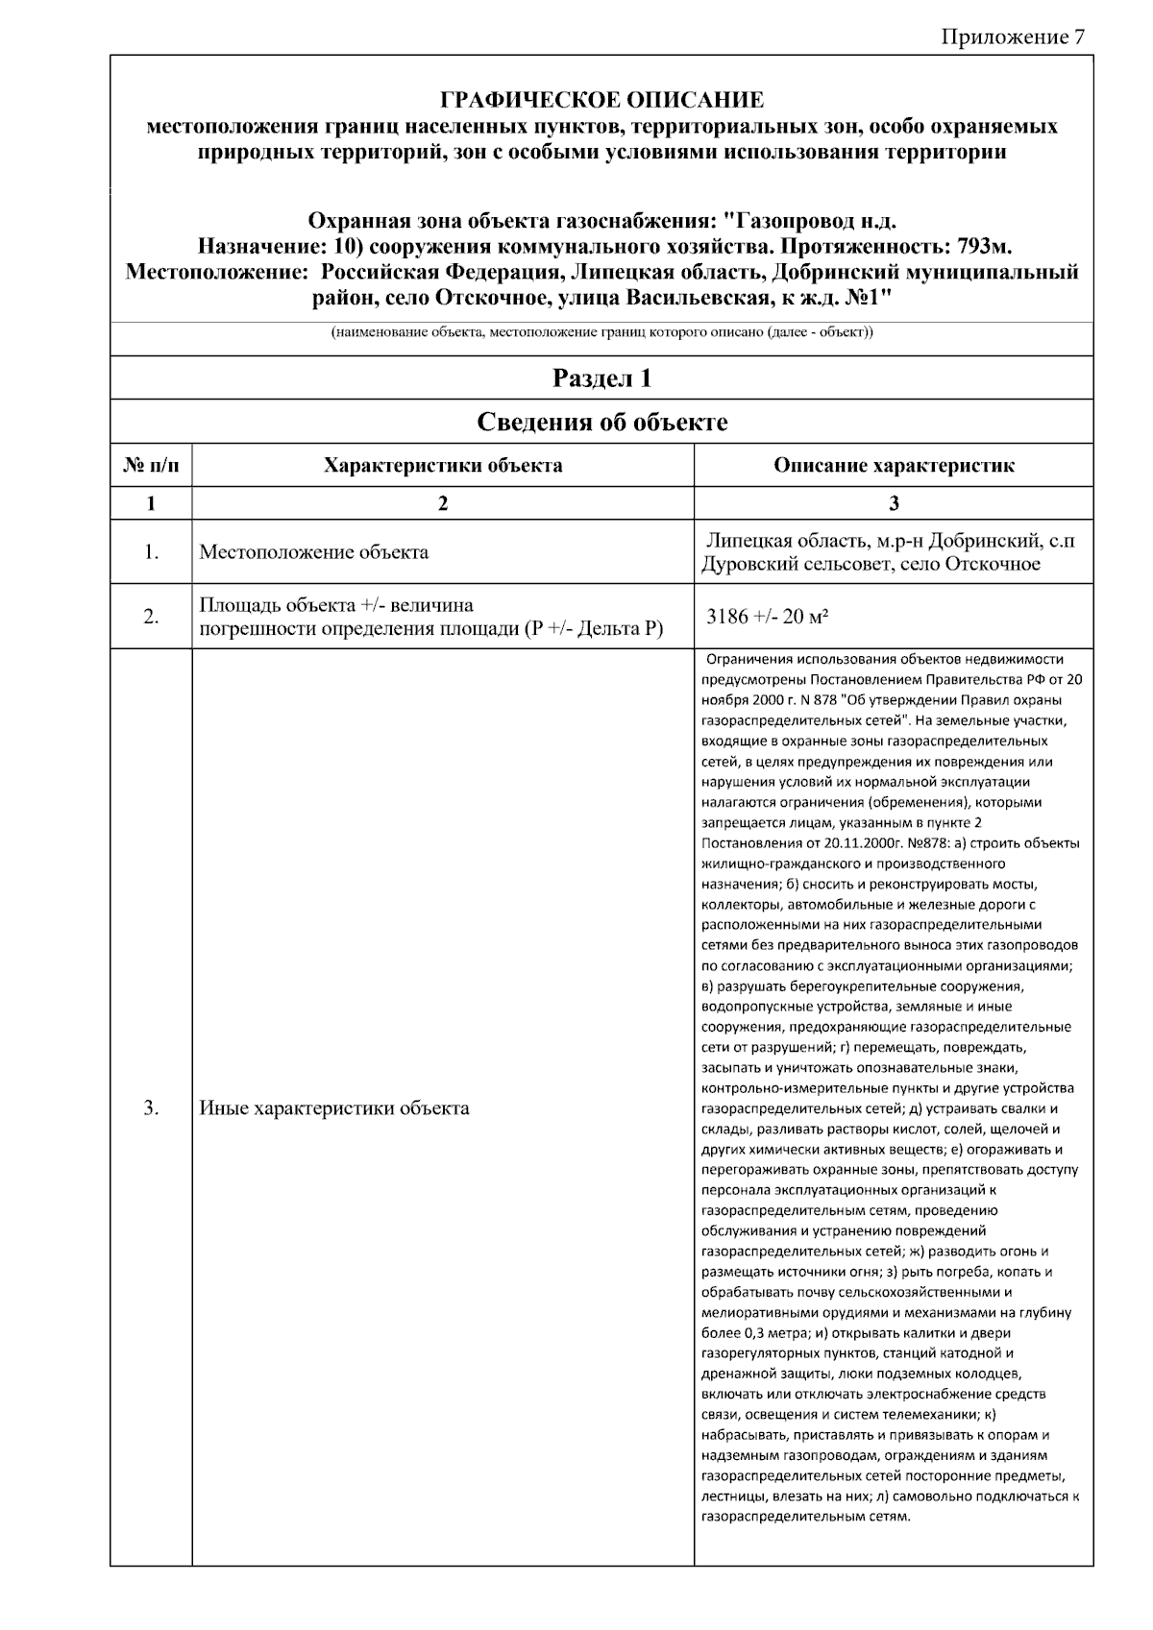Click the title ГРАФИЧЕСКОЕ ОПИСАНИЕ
601,100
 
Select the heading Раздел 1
601,378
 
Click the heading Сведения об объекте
601,422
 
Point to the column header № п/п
151,467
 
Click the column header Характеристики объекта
443,467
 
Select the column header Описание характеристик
894,467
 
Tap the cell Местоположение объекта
313,552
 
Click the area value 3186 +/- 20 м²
767,617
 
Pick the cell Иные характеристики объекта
333,1107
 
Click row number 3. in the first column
151,1107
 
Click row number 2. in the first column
151,617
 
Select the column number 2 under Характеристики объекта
443,502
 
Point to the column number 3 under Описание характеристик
894,502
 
